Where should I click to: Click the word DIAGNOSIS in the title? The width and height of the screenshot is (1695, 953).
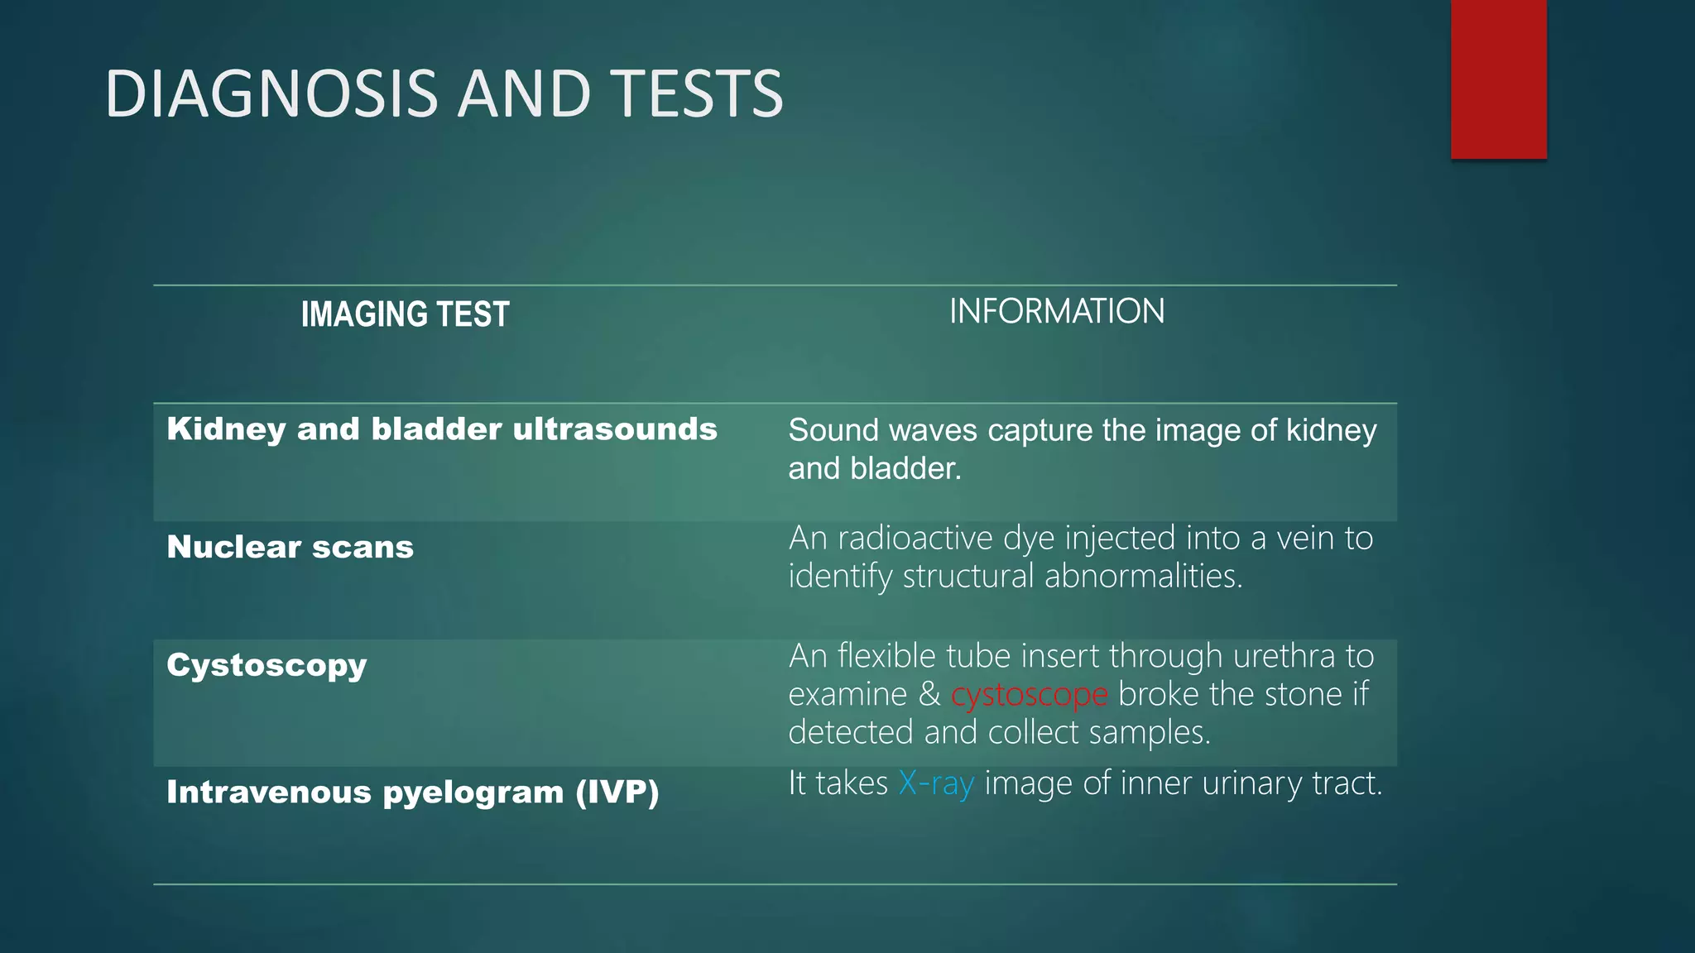[271, 93]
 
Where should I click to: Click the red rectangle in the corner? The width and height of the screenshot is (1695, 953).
[1498, 79]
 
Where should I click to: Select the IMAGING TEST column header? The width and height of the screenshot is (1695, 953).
[405, 314]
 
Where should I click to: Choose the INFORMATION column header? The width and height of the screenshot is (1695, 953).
[1056, 312]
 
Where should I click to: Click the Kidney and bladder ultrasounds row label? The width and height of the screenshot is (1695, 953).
[441, 429]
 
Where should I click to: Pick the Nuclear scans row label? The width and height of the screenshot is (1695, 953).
[290, 547]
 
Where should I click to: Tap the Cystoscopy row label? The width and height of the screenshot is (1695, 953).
[266, 665]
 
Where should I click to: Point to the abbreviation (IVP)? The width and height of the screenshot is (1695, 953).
[617, 792]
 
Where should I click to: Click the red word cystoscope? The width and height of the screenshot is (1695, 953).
[1029, 694]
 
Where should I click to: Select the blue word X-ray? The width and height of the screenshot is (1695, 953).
[936, 783]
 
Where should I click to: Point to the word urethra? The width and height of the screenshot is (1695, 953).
[1283, 656]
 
